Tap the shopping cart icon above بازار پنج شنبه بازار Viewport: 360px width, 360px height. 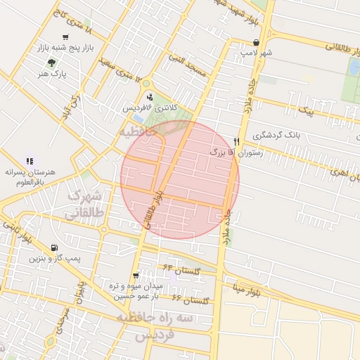click(x=65, y=37)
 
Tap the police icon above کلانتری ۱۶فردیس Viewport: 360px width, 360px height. click(x=149, y=97)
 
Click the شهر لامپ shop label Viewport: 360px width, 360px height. click(x=257, y=51)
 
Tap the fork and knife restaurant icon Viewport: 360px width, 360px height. click(x=237, y=141)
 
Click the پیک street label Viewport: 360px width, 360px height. click(x=307, y=111)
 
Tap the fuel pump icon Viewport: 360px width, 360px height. click(x=54, y=247)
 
